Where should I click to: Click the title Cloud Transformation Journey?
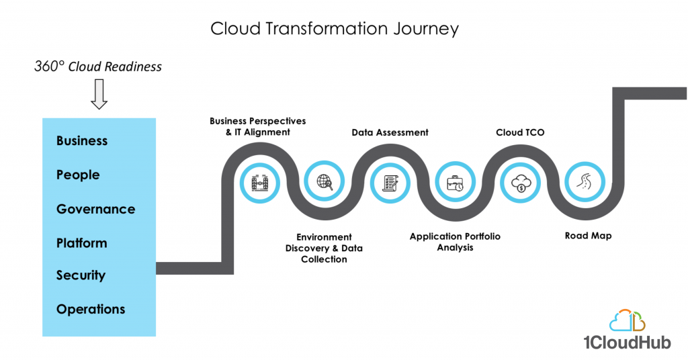click(335, 29)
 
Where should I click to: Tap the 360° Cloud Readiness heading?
click(98, 66)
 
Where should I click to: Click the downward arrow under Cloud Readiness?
click(99, 94)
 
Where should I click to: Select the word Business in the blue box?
click(82, 141)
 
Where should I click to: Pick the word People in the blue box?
click(78, 175)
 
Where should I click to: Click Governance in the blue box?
click(95, 209)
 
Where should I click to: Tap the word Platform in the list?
click(81, 243)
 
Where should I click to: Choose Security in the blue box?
click(81, 275)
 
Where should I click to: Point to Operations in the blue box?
click(91, 309)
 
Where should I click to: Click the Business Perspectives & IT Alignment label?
click(257, 126)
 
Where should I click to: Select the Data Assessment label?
click(390, 132)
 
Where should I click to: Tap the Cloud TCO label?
click(520, 132)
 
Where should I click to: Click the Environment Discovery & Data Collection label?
click(324, 249)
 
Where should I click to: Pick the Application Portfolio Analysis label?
click(455, 242)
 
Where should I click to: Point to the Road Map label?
click(588, 236)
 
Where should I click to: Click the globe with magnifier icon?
click(325, 181)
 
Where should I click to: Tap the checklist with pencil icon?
click(390, 183)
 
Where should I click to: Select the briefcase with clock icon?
click(455, 183)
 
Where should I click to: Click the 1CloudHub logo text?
click(627, 342)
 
